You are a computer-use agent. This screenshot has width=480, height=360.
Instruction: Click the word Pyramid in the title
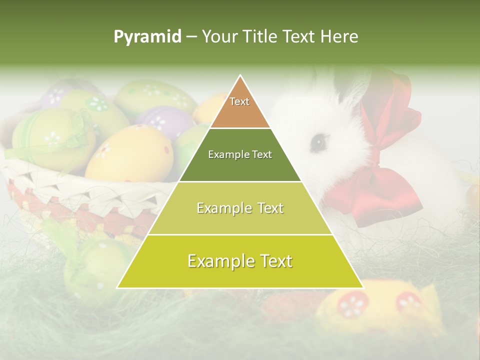147,36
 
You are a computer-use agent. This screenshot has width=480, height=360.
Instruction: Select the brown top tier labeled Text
240,107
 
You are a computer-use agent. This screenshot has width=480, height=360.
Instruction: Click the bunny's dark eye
318,143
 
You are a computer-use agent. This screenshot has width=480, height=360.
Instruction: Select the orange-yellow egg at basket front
129,152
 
